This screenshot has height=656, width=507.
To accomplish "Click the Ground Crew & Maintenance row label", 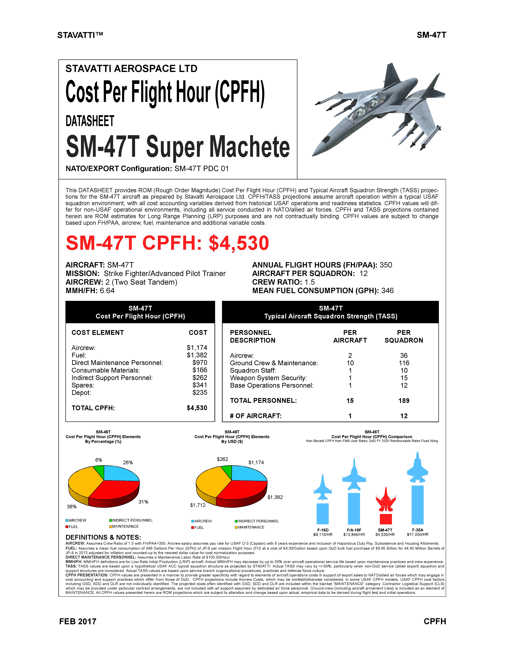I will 274,363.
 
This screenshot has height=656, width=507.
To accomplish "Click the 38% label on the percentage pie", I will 72,506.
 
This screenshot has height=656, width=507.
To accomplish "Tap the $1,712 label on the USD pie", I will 198,505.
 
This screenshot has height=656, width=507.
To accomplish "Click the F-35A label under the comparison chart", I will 417,530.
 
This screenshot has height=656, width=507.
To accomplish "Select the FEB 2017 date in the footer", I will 78,621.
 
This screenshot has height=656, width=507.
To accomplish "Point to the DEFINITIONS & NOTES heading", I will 103,537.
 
